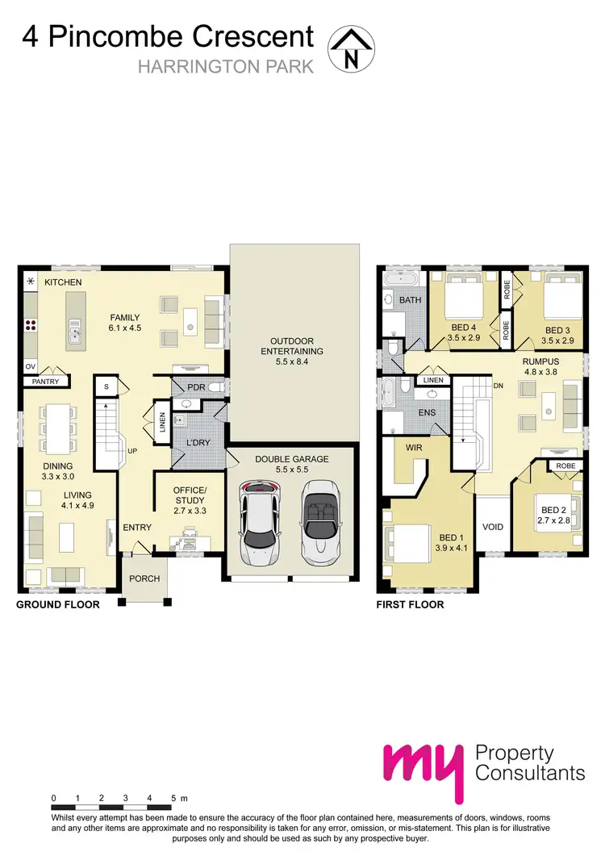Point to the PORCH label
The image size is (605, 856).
click(144, 578)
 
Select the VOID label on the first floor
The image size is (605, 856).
click(492, 527)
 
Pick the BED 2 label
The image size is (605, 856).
click(555, 510)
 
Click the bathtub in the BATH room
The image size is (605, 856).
click(401, 279)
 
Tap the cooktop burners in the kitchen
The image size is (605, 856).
click(31, 326)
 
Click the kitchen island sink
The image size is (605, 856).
click(75, 331)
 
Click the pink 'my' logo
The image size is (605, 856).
click(423, 765)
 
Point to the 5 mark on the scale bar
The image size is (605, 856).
click(173, 798)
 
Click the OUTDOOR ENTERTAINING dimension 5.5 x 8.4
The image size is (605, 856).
click(291, 362)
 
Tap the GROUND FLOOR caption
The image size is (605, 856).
click(58, 604)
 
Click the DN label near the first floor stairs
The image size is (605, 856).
click(500, 385)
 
